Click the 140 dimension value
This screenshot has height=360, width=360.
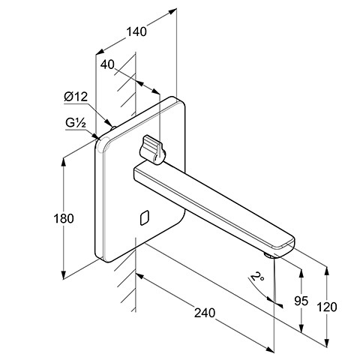coord(136,32)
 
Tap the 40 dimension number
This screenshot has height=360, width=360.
coord(107,64)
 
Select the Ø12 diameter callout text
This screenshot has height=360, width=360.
coord(76,97)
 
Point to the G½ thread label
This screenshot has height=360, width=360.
coord(76,123)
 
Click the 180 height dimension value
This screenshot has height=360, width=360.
coord(64,218)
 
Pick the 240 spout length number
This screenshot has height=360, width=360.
coord(205,313)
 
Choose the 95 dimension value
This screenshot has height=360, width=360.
coord(301,301)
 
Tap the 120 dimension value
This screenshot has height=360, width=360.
coord(327,307)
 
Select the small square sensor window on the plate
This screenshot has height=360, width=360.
coord(145,217)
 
